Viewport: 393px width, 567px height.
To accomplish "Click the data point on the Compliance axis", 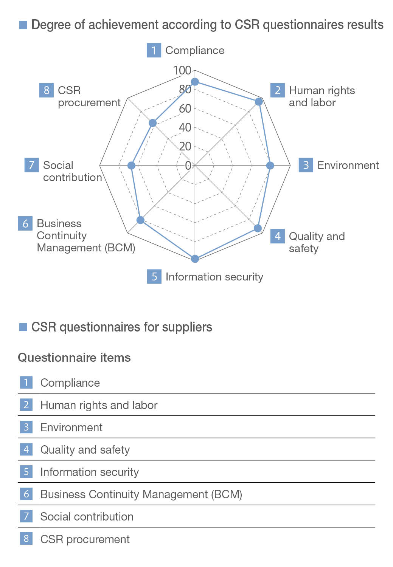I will tap(195, 82).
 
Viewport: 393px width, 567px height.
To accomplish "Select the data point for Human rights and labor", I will tap(259, 102).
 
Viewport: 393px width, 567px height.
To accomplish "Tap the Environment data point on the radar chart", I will tap(270, 166).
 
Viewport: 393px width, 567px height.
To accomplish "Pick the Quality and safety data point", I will tap(258, 228).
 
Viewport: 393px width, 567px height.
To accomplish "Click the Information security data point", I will tap(195, 259).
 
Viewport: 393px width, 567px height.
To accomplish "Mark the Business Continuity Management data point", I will tap(141, 220).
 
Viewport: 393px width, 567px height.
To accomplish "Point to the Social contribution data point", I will tap(131, 166).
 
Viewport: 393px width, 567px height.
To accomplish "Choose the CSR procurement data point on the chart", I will tap(152, 123).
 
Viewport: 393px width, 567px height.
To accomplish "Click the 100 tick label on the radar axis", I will tap(182, 70).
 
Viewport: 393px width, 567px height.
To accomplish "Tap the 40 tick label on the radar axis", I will tap(185, 127).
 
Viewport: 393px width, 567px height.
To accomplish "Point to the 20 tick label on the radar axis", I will tap(185, 146).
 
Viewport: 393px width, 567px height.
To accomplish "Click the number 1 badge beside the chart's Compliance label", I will tap(154, 50).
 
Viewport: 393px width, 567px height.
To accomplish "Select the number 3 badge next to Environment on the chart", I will tap(306, 165).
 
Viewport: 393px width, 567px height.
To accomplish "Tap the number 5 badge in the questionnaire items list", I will tap(26, 472).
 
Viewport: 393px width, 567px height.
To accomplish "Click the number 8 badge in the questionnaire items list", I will tap(26, 539).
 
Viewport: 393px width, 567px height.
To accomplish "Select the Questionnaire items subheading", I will tap(74, 358).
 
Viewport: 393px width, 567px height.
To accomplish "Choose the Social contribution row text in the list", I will tap(87, 517).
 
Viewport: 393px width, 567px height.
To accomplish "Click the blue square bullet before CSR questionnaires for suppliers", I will tap(23, 327).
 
